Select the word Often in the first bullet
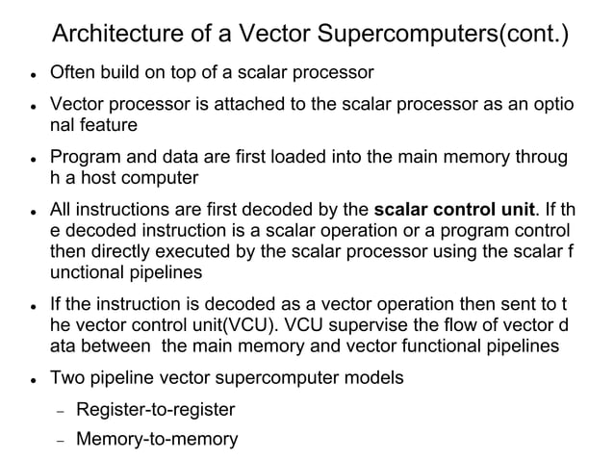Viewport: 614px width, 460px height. (x=74, y=73)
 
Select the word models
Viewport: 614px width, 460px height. (x=376, y=376)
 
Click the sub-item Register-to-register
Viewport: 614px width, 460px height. (x=155, y=410)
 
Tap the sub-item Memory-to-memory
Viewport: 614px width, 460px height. (x=157, y=440)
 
